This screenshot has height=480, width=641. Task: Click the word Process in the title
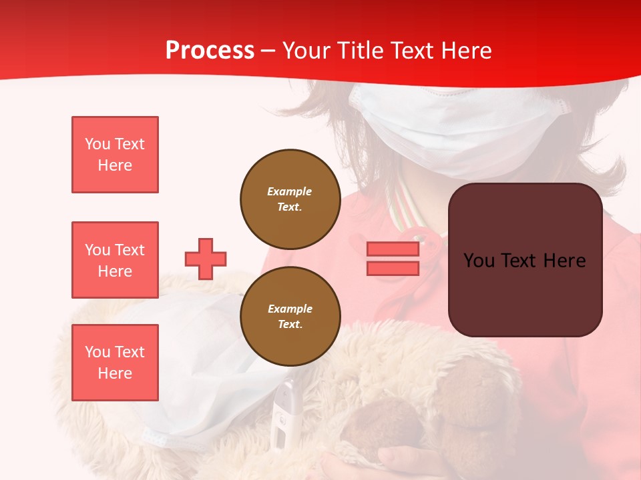point(210,51)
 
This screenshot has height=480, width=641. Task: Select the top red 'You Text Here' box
point(115,155)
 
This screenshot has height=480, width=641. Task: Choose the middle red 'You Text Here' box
point(115,260)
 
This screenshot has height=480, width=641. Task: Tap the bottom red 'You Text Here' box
point(115,363)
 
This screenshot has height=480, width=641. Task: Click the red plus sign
point(206,259)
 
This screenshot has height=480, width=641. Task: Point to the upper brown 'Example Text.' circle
point(290,199)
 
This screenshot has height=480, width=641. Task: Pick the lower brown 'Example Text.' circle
point(290,317)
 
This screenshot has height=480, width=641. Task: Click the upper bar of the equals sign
point(393,249)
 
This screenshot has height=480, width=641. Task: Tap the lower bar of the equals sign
point(393,268)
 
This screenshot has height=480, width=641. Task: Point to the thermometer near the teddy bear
point(283,413)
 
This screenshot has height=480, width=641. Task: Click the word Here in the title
point(466,51)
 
